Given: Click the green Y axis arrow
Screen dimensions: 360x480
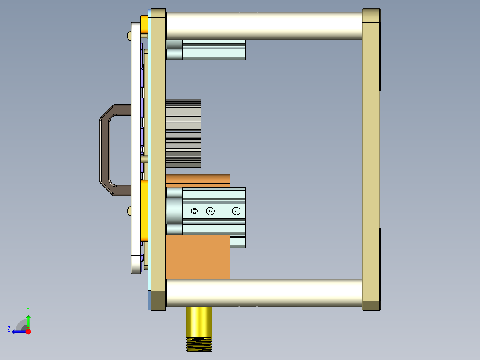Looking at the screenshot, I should [x=28, y=321].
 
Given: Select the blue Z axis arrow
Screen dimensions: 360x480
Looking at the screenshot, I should [x=18, y=331].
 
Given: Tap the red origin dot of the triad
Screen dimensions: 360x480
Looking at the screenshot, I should [x=28, y=331].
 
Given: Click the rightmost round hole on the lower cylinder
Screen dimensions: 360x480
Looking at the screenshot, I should [x=236, y=211].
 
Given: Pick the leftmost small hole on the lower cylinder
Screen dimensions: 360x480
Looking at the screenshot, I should [x=194, y=211].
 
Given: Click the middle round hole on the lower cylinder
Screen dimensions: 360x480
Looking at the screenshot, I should [x=210, y=211].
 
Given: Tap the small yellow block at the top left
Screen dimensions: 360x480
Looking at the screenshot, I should [x=144, y=26].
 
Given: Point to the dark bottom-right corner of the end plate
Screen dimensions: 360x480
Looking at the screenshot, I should [x=371, y=306].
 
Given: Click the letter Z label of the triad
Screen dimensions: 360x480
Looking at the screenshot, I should [x=9, y=329].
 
